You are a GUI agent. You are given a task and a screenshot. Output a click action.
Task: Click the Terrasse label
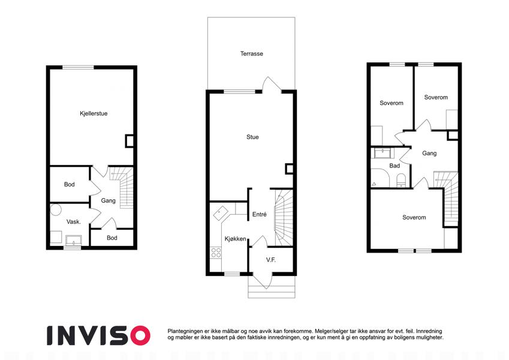[x=252, y=53]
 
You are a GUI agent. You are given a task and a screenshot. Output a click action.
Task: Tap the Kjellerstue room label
[x=94, y=113]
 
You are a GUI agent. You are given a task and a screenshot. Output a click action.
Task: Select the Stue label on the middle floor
[x=252, y=137]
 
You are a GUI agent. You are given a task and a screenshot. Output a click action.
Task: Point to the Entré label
[x=260, y=214]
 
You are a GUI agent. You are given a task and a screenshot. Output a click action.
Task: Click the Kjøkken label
[x=236, y=239]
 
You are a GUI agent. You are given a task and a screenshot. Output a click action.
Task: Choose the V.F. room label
[x=271, y=260]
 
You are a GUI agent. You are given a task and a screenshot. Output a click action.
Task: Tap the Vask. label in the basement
[x=73, y=222]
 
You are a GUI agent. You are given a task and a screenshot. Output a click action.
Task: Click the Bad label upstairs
[x=394, y=166]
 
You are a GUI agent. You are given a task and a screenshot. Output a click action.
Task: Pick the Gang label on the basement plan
[x=108, y=201]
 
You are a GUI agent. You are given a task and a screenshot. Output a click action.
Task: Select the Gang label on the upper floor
[x=429, y=154]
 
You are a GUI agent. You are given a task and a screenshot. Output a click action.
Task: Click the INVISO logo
[x=99, y=335]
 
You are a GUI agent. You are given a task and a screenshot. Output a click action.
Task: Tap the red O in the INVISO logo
[x=140, y=335]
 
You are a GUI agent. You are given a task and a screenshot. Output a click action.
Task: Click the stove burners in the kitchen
[x=216, y=253]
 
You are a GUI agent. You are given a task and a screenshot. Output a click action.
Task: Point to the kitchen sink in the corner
[x=221, y=213]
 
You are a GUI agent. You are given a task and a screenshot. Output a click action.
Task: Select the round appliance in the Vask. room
[x=56, y=209]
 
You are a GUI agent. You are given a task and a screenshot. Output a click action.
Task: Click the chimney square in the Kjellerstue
[x=129, y=141]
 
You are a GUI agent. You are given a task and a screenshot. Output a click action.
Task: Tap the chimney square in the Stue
[x=289, y=169]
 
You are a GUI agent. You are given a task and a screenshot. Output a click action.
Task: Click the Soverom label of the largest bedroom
[x=414, y=217]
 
